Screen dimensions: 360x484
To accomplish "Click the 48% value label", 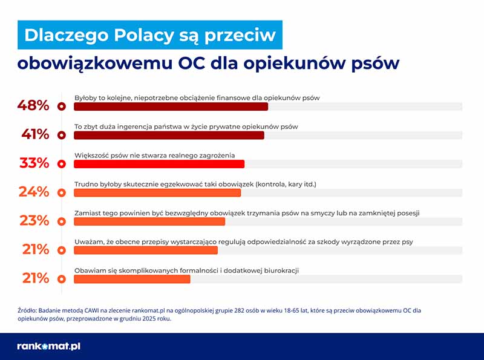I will pyautogui.click(x=33, y=106).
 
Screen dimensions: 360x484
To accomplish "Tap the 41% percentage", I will pyautogui.click(x=35, y=134).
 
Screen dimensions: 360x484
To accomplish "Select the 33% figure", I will pyautogui.click(x=34, y=163).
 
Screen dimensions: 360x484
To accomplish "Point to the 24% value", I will pyautogui.click(x=34, y=192).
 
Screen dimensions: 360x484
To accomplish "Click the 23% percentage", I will pyautogui.click(x=34, y=221).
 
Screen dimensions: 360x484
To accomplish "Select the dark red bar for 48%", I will pyautogui.click(x=171, y=106).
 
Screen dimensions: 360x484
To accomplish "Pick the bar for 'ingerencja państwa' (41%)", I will pyautogui.click(x=169, y=135).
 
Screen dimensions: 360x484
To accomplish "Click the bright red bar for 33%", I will pyautogui.click(x=159, y=164).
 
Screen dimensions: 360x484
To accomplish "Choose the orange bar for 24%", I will pyautogui.click(x=157, y=192).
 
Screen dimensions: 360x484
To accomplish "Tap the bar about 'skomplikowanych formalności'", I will pyautogui.click(x=132, y=279).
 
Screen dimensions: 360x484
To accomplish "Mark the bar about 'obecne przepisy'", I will pyautogui.click(x=145, y=250).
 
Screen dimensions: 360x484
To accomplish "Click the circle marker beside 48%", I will pyautogui.click(x=60, y=106).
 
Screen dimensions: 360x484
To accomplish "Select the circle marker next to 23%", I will pyautogui.click(x=60, y=221).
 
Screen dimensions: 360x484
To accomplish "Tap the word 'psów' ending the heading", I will pyautogui.click(x=373, y=64).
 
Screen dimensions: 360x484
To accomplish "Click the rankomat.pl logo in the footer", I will pyautogui.click(x=49, y=347).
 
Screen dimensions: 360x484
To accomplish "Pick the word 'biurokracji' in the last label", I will pyautogui.click(x=280, y=270).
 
